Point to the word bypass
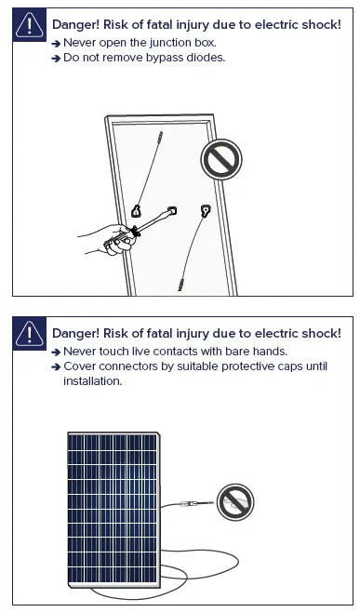coord(166,58)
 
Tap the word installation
coord(93,381)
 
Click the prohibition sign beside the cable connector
coord(234,502)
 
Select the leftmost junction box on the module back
coord(137,211)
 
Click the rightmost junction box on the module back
coord(206,210)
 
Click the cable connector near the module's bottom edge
coord(182,281)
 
